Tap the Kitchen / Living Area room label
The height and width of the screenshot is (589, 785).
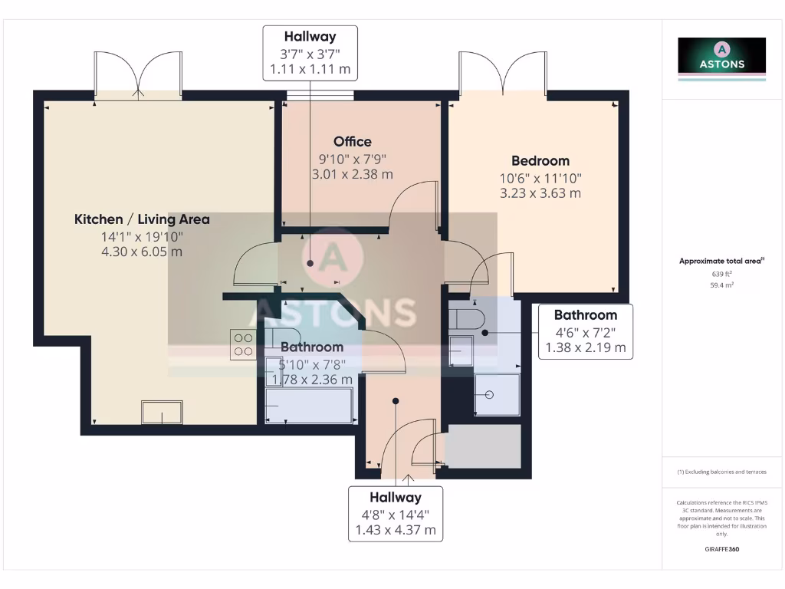[142, 219]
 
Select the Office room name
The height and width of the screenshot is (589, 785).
[353, 141]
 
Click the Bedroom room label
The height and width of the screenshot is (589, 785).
[540, 160]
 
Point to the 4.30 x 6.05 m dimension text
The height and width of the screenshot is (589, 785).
[142, 252]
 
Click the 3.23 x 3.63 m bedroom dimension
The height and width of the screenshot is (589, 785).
[540, 193]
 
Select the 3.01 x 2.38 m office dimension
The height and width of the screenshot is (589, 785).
[353, 174]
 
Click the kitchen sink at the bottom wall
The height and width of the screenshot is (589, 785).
[163, 412]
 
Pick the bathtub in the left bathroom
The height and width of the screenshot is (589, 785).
[310, 404]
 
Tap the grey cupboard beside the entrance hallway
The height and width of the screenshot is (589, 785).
[483, 446]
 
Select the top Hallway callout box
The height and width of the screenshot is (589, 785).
[310, 53]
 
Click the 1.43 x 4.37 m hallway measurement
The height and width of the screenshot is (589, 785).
[396, 530]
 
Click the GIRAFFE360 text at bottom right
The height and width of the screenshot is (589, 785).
[721, 549]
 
